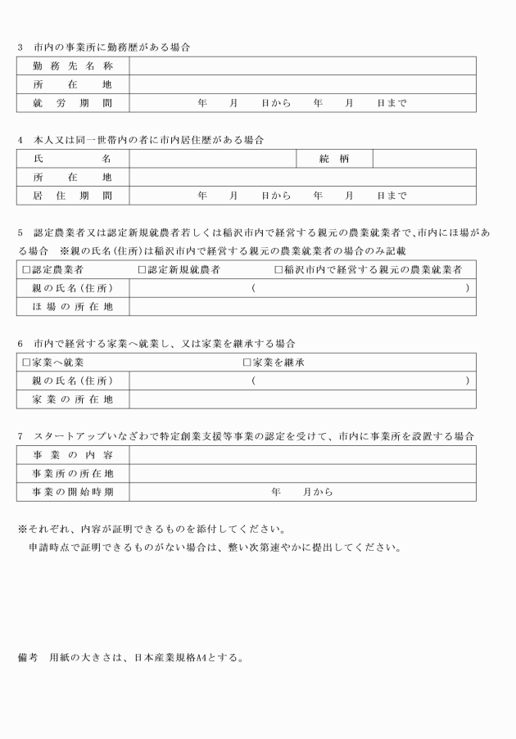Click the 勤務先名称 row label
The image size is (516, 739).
click(72, 65)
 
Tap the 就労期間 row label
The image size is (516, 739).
click(72, 104)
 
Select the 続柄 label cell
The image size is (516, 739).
click(334, 159)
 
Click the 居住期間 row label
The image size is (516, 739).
click(72, 196)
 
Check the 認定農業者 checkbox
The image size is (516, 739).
click(26, 269)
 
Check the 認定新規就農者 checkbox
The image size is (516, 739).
click(142, 269)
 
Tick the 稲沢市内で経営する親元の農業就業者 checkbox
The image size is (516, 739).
click(278, 269)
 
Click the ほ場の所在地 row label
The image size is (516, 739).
click(72, 307)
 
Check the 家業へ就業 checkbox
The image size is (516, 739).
click(26, 362)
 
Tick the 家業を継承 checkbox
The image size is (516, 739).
click(247, 362)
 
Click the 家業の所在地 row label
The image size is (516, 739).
click(72, 399)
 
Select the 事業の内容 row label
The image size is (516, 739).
click(72, 454)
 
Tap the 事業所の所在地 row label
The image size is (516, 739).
click(72, 473)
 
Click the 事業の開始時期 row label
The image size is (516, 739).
click(72, 492)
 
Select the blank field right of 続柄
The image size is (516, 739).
click(423, 159)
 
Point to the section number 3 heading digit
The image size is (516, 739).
click(20, 47)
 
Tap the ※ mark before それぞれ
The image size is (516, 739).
click(21, 527)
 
